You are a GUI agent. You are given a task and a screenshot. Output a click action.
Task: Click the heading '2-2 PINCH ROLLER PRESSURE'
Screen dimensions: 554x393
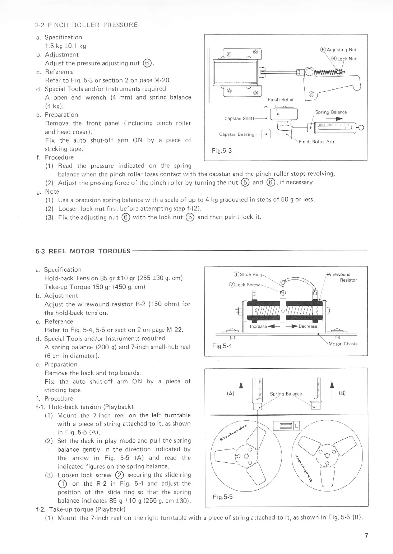click(x=86, y=25)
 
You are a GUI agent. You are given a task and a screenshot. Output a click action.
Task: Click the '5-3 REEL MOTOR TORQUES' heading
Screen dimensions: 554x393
click(x=83, y=251)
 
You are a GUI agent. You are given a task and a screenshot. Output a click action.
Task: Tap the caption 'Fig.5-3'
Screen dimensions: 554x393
click(x=222, y=151)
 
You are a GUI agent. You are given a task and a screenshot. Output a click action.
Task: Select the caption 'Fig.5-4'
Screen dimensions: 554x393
click(x=222, y=346)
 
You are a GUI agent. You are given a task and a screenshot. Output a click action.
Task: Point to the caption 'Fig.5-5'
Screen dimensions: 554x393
click(x=223, y=497)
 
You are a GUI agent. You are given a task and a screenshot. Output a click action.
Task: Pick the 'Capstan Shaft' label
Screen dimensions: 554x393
click(x=239, y=119)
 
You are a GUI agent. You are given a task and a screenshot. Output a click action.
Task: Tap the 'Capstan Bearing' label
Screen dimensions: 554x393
click(x=237, y=134)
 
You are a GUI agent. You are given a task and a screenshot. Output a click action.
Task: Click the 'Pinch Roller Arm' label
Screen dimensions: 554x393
click(x=317, y=142)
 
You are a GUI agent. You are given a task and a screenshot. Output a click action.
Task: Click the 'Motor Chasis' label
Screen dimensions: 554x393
click(x=343, y=344)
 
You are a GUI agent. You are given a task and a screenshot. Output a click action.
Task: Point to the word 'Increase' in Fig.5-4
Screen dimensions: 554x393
click(x=258, y=327)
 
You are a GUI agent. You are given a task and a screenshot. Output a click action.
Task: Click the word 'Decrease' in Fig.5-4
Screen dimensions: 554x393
click(x=308, y=327)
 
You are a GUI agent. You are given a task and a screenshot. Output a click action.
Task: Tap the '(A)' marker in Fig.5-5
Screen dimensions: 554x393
click(x=230, y=393)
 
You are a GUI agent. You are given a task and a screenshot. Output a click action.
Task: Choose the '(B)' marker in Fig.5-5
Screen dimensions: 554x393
click(x=342, y=393)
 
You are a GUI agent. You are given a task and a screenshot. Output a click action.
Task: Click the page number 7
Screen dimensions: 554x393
click(x=366, y=536)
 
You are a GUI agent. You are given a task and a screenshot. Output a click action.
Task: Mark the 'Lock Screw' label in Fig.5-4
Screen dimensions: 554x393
click(x=247, y=285)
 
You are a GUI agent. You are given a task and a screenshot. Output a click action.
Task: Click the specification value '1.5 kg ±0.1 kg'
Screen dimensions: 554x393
click(x=65, y=46)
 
